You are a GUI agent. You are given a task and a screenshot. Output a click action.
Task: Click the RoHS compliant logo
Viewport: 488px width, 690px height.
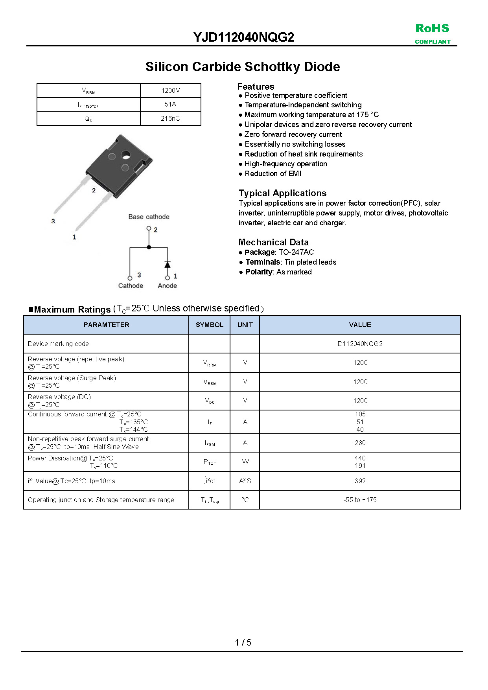tap(432, 33)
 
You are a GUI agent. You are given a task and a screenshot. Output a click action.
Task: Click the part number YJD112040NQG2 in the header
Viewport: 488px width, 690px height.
tap(243, 37)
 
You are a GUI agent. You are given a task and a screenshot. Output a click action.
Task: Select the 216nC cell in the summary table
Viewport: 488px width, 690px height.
tap(170, 118)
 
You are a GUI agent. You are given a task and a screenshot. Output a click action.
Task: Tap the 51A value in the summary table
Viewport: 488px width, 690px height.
tap(170, 104)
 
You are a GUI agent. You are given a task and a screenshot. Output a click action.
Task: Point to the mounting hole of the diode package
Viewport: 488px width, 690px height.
tap(125, 155)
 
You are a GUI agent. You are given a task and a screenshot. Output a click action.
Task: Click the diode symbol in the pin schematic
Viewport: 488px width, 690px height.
tap(168, 264)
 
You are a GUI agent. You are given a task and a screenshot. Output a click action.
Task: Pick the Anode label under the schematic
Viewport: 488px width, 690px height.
tap(167, 286)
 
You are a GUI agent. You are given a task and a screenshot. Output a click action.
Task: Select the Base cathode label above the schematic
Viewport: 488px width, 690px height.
tap(149, 217)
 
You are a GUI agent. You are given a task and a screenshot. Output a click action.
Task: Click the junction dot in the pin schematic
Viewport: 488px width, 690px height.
tap(149, 247)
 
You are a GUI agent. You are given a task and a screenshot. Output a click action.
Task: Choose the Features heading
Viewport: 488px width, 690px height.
tap(256, 86)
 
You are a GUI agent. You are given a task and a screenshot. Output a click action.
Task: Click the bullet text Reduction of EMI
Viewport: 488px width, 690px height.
tap(273, 174)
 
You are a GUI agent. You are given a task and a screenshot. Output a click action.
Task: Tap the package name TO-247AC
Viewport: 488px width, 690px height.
tap(296, 252)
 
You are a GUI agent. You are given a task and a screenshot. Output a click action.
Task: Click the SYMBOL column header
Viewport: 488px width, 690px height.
tap(209, 325)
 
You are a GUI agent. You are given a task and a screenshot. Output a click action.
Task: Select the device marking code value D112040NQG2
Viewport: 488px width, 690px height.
tap(360, 344)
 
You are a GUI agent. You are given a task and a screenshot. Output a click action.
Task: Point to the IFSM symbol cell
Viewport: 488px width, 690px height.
tap(210, 443)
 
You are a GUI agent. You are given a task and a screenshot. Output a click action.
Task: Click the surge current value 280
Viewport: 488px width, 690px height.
tap(360, 443)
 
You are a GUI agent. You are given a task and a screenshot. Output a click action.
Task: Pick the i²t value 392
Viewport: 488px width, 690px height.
tap(360, 481)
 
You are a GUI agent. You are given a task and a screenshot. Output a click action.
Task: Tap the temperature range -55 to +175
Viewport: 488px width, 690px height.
tap(360, 500)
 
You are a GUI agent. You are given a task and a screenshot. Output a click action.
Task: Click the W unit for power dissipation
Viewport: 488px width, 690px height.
tap(245, 462)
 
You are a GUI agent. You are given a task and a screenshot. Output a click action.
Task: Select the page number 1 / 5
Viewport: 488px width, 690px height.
tap(243, 642)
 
